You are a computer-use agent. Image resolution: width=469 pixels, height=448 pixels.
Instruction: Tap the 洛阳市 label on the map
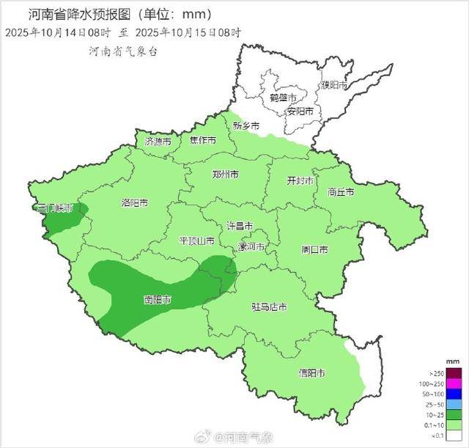click(x=134, y=202)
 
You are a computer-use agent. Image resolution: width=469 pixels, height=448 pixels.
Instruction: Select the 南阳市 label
click(x=158, y=300)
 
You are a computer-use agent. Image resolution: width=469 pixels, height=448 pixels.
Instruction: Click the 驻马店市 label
click(x=269, y=306)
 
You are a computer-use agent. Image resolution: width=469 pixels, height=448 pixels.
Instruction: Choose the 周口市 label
click(x=314, y=249)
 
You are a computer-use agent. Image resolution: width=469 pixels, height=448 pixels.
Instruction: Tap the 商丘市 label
click(x=341, y=192)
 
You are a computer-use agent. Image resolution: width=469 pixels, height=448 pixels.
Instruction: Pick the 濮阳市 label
click(x=334, y=85)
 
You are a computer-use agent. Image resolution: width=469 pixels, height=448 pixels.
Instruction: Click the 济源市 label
click(x=158, y=141)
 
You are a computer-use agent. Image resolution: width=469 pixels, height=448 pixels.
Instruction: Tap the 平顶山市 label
click(x=197, y=240)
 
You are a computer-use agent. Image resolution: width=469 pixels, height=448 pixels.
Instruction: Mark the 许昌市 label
click(x=239, y=226)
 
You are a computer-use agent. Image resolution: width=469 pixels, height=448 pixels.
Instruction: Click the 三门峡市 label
click(x=56, y=208)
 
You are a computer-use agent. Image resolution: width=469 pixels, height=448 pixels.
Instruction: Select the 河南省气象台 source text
click(x=122, y=52)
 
